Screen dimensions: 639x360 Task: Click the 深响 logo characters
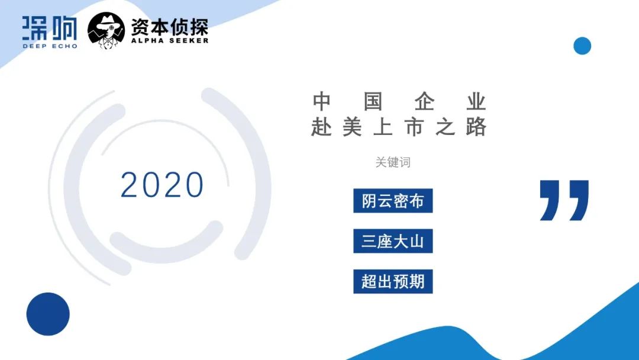(50, 28)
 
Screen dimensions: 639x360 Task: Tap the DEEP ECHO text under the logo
(50, 46)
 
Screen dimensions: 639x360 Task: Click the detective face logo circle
(106, 30)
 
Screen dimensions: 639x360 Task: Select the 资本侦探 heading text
(170, 27)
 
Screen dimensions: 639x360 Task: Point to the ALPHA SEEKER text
(170, 41)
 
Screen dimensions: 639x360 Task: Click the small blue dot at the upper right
(582, 46)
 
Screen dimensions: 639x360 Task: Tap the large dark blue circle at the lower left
(48, 314)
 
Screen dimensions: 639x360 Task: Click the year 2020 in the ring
(162, 185)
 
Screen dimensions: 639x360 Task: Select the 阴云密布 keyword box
(393, 201)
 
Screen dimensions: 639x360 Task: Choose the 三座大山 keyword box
(393, 241)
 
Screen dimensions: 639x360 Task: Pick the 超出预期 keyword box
(393, 281)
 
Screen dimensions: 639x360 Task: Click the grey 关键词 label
(393, 162)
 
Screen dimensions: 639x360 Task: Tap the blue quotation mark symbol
(564, 200)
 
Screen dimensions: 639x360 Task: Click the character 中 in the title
(321, 101)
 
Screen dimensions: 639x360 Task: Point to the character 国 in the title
(373, 101)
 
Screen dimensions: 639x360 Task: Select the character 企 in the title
(424, 101)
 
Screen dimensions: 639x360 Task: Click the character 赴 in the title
(321, 127)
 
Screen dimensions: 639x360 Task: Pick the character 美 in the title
(353, 127)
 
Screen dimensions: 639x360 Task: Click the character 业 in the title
(476, 101)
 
